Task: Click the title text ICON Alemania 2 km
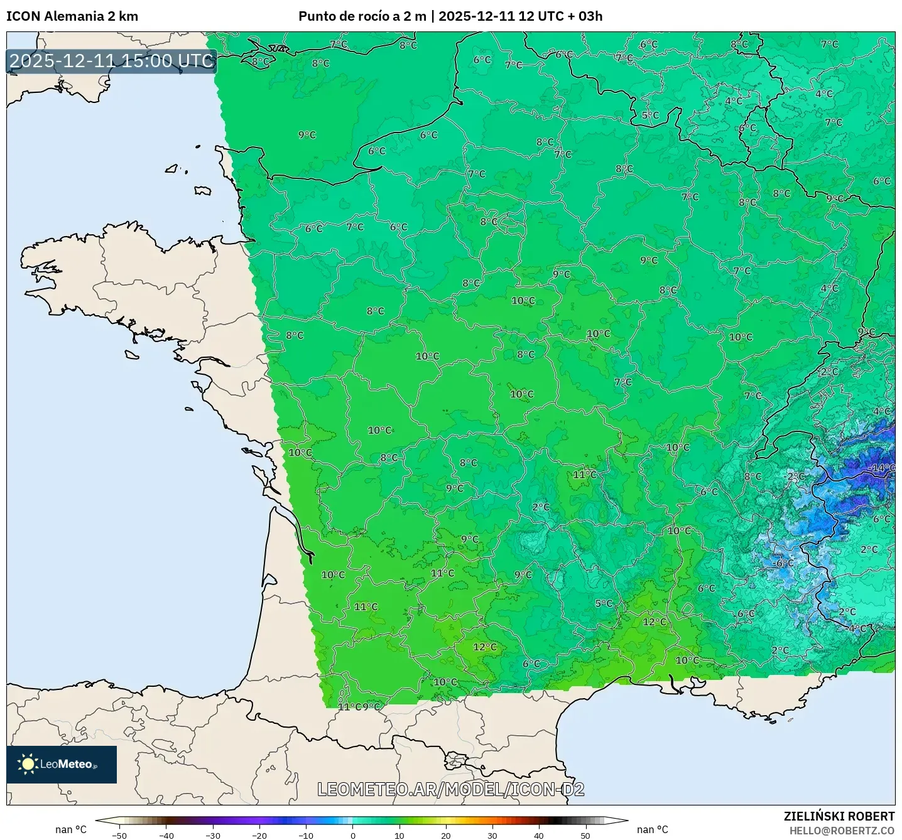72,16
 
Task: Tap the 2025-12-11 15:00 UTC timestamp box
112,62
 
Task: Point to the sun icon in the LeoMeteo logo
28,764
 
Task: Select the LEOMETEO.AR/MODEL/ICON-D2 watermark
450,790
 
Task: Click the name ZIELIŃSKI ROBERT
839,816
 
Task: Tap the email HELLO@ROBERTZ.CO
842,831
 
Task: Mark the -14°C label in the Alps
882,468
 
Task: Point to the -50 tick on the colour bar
119,836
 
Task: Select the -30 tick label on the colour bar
213,836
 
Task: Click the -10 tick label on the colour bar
306,836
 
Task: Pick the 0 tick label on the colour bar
353,836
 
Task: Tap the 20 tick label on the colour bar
446,836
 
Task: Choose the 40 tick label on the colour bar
539,836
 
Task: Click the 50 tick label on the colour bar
585,836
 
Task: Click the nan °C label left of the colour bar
71,829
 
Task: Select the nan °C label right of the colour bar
653,829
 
